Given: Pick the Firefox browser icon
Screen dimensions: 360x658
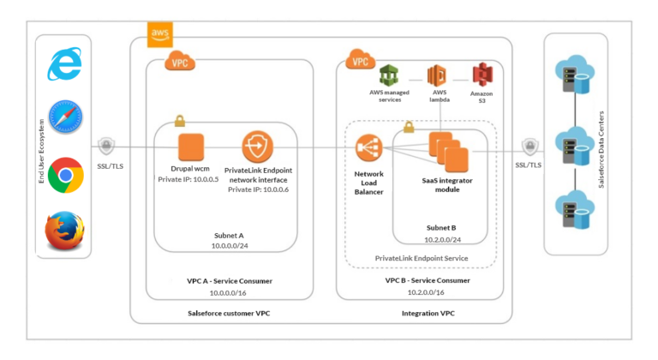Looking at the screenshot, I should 64,231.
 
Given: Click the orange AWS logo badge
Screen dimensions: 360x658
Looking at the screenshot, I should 160,34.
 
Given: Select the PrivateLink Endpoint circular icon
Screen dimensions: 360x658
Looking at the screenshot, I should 257,147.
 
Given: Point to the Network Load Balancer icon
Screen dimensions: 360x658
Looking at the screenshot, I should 368,151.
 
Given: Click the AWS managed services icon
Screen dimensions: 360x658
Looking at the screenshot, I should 390,75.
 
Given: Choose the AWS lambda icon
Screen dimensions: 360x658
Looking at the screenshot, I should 439,75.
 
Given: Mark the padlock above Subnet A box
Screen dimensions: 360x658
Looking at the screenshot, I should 180,121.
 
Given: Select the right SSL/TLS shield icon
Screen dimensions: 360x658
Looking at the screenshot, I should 528,147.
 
